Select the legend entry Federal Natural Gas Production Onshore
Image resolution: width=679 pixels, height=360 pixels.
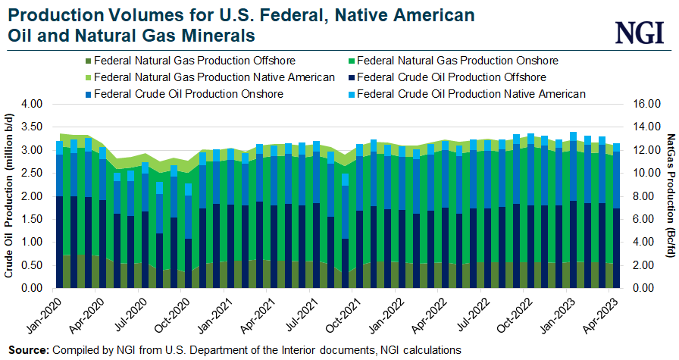click(457, 60)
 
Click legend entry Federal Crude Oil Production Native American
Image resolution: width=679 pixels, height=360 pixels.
click(471, 94)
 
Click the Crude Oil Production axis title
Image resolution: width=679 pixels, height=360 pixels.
click(10, 196)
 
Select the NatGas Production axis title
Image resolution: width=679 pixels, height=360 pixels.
click(670, 196)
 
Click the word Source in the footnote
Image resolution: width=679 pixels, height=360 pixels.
click(27, 350)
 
